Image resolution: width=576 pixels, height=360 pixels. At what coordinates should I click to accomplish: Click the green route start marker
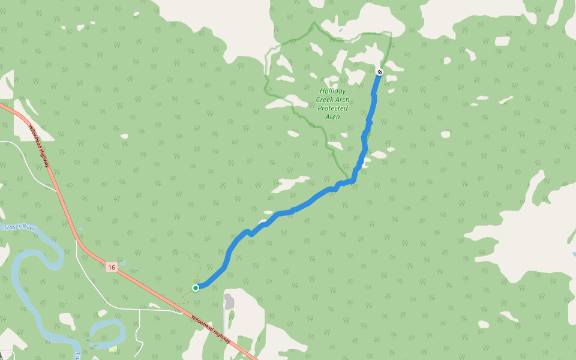click(196, 288)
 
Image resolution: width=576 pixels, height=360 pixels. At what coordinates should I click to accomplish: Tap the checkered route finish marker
click(379, 72)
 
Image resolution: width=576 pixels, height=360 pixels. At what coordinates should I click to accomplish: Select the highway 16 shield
click(112, 267)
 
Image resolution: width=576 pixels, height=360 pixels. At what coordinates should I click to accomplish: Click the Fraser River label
click(20, 227)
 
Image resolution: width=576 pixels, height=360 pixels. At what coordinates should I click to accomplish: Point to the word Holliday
click(332, 91)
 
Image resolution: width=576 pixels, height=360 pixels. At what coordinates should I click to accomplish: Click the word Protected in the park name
click(332, 108)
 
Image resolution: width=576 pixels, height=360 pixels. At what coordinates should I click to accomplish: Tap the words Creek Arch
click(332, 100)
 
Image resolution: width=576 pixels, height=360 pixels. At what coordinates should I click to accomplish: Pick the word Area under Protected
click(332, 116)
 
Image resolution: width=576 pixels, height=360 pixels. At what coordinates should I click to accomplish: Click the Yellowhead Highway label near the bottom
click(211, 329)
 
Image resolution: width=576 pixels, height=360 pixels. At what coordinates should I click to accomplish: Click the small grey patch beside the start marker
click(229, 301)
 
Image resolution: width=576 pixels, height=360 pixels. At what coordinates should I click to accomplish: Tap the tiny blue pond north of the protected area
click(341, 30)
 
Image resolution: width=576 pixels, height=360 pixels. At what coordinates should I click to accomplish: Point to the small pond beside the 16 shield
click(123, 262)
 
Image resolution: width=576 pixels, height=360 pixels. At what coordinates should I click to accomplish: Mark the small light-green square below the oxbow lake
click(113, 349)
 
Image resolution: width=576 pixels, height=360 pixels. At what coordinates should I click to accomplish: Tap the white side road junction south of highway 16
click(140, 310)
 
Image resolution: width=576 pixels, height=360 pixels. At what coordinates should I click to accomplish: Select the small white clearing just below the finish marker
click(391, 91)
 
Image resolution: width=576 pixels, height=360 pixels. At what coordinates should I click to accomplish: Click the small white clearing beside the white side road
click(155, 305)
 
